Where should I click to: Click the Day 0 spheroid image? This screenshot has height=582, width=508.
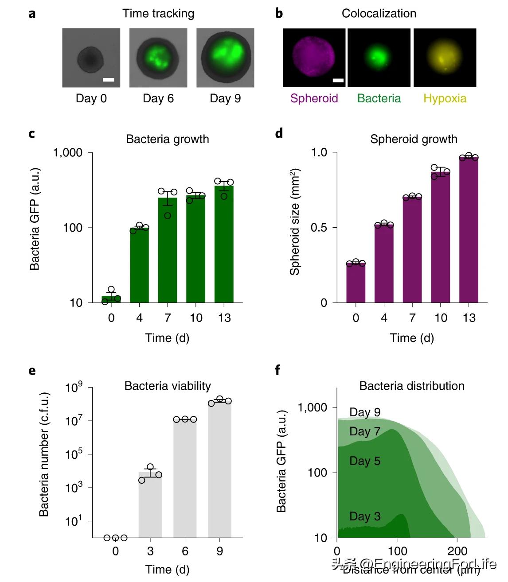tap(91, 58)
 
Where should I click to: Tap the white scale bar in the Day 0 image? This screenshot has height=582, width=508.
tap(109, 80)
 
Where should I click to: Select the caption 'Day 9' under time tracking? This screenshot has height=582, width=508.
tap(225, 98)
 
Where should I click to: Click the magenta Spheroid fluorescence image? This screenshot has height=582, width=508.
tap(314, 58)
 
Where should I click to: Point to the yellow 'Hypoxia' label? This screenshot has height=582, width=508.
tap(445, 98)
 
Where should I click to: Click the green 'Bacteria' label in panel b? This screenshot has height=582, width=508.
tap(379, 98)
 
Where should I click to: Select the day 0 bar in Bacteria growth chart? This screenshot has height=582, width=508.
tap(111, 299)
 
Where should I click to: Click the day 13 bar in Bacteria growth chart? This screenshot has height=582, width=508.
tap(224, 244)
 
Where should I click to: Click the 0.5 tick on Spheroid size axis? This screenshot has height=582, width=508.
tap(319, 228)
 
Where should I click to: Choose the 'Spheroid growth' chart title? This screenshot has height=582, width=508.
tap(414, 139)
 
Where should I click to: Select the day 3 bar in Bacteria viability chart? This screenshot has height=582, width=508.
tap(150, 505)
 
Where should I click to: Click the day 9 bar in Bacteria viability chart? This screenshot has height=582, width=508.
tap(220, 469)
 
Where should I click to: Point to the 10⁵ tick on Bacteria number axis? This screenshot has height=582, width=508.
tap(74, 454)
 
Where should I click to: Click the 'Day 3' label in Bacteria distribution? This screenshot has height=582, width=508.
tap(365, 516)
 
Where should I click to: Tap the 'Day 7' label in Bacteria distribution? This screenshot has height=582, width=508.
tap(365, 431)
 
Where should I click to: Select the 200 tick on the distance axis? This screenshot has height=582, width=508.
tap(457, 551)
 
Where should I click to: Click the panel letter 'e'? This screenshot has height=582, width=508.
tap(32, 371)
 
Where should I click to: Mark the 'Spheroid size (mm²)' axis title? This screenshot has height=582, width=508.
tap(295, 221)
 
